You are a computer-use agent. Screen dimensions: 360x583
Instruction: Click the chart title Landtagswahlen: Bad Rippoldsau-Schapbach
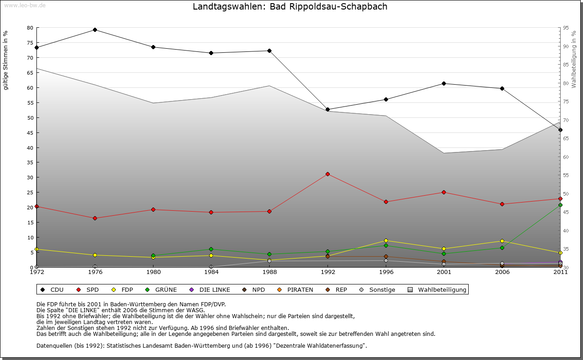(290, 7)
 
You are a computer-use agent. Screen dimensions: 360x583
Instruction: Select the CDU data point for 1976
(95, 30)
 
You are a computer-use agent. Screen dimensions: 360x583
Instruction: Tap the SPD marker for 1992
(327, 174)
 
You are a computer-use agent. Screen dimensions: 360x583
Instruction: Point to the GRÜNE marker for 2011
(560, 205)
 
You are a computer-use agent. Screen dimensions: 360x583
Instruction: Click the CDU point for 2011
(560, 130)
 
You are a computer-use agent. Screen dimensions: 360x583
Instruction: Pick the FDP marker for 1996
(386, 240)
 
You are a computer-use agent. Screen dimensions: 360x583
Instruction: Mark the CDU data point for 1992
(327, 109)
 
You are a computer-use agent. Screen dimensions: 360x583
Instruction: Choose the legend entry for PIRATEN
(296, 289)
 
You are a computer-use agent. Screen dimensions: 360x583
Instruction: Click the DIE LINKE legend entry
(210, 289)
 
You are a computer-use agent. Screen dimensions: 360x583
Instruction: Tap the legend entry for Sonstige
(378, 289)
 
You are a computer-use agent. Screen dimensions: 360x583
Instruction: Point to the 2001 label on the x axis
(444, 272)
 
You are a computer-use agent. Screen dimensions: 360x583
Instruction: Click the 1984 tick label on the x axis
(211, 272)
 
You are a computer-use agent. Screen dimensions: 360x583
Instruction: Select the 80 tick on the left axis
(30, 28)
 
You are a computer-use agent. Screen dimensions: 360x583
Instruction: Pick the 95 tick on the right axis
(565, 28)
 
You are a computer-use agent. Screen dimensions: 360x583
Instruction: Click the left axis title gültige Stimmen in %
(6, 60)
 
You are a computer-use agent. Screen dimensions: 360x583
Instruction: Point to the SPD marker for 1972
(36, 207)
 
